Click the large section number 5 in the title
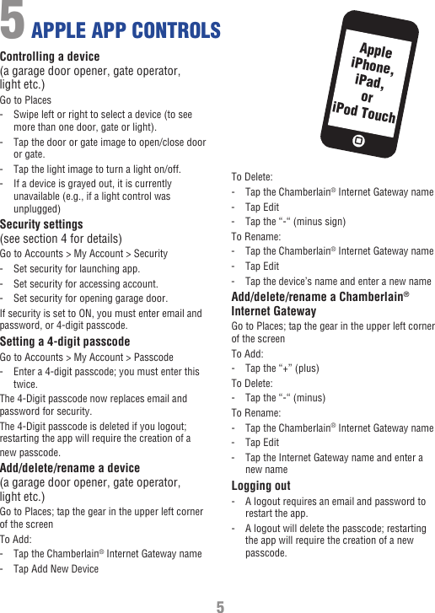coord(13,22)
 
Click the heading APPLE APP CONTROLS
coord(126,31)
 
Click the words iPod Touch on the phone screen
coord(363,111)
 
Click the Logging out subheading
coord(260,486)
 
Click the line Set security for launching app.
coord(77,268)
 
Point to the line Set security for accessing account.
coord(85,283)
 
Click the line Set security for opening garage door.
coord(90,298)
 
